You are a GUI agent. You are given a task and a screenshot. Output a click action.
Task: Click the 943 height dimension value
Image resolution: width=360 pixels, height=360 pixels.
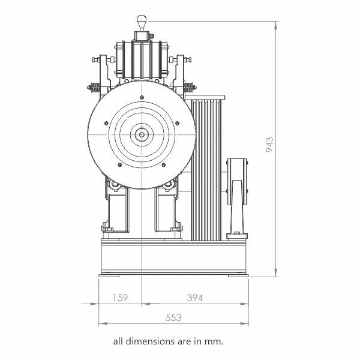pyautogui.click(x=269, y=145)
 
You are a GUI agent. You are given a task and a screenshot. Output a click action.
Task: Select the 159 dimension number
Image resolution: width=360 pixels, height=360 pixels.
pyautogui.click(x=121, y=298)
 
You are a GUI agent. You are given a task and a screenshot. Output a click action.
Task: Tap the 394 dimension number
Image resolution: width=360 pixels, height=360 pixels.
pyautogui.click(x=195, y=298)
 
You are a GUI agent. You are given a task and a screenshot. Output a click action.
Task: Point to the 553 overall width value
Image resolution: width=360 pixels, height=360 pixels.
pyautogui.click(x=173, y=317)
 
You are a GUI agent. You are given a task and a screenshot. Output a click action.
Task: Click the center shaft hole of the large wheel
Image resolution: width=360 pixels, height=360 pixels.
pyautogui.click(x=142, y=134)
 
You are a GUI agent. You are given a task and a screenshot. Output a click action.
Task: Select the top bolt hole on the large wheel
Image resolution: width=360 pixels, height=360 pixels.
pyautogui.click(x=142, y=97)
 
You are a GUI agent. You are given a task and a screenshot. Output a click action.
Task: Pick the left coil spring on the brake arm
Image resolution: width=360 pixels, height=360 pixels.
pyautogui.click(x=95, y=88)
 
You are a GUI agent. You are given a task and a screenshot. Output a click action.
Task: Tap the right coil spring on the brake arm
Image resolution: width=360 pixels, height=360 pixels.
pyautogui.click(x=188, y=88)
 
